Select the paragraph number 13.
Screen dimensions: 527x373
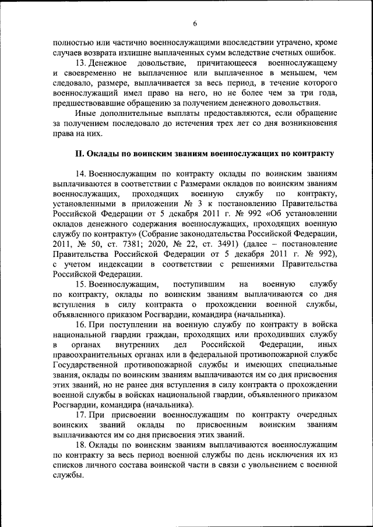click(82, 62)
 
